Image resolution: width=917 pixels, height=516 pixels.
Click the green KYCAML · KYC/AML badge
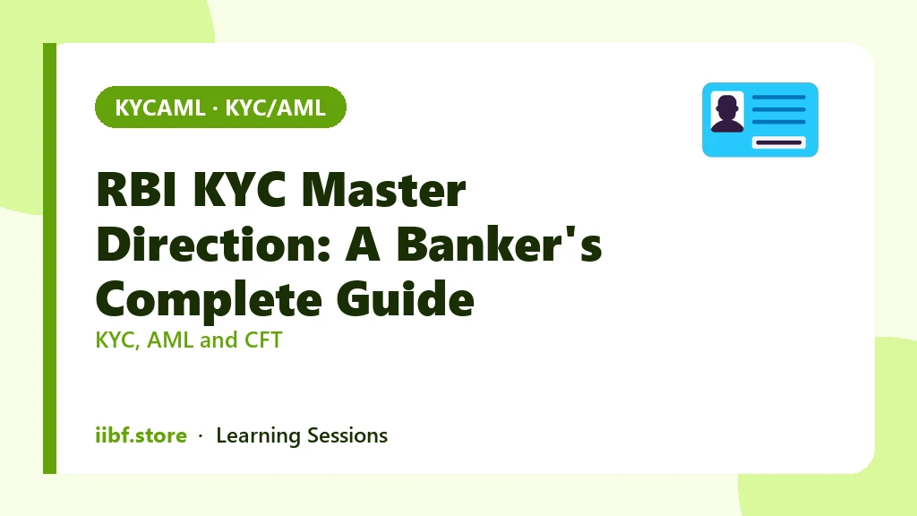[x=220, y=107]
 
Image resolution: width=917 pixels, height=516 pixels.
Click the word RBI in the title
[x=136, y=189]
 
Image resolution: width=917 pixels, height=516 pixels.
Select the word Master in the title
[x=383, y=189]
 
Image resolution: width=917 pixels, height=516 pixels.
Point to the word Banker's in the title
[x=500, y=244]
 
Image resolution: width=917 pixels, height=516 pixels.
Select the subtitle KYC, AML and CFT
[x=189, y=340]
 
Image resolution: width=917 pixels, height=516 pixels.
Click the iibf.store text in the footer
[x=141, y=435]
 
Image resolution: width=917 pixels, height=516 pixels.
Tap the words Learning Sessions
[x=302, y=436]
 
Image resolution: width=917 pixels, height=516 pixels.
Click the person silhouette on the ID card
[x=727, y=113]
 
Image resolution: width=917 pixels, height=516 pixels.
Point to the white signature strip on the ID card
[x=778, y=142]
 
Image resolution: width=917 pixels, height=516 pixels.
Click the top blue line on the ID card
[x=778, y=97]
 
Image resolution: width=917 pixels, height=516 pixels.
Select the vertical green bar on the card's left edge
[x=50, y=258]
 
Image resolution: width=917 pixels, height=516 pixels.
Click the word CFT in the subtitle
[x=263, y=340]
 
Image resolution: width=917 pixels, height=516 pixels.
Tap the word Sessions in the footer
[x=347, y=436]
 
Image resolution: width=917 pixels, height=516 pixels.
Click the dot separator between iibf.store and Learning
[x=201, y=436]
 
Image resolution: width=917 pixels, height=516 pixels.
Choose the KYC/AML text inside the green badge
[x=276, y=107]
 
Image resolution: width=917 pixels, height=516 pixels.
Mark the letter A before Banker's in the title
[x=364, y=244]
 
